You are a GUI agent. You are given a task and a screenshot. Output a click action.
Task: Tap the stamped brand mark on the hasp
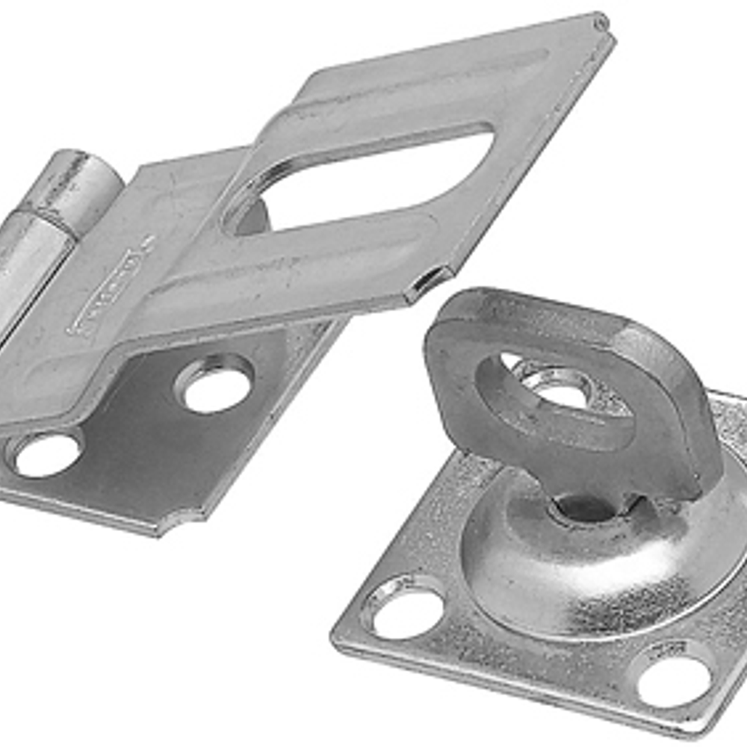tap(105, 291)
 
